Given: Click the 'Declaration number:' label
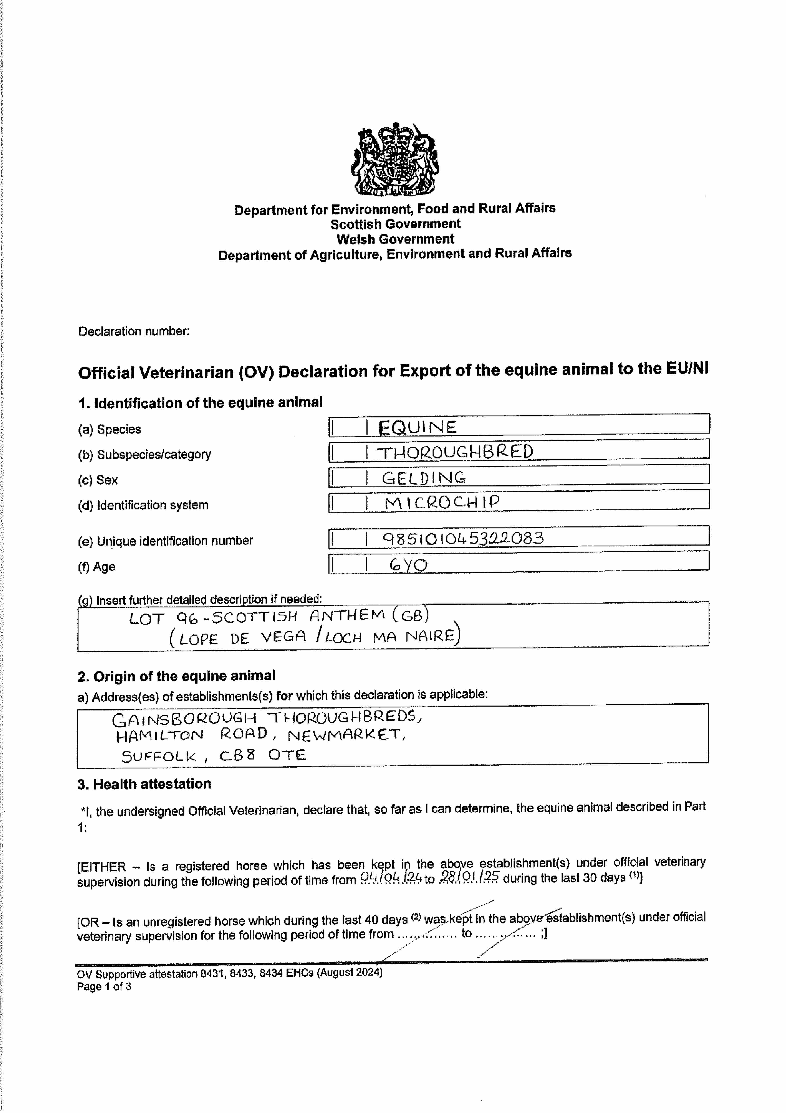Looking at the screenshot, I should [134, 332].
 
